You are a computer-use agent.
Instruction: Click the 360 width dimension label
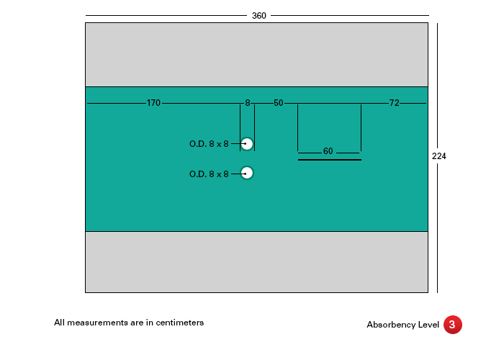pos(258,16)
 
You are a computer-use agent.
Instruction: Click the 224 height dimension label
pos(438,156)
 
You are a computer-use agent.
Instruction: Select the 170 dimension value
pos(153,103)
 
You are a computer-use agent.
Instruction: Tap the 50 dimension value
pos(279,103)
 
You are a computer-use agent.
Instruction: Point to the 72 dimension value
pos(394,103)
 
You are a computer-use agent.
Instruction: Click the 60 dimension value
pos(328,151)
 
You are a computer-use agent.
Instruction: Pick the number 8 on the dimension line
pos(248,103)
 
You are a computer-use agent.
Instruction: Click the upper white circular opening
pos(247,144)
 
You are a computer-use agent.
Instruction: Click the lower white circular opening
pos(247,174)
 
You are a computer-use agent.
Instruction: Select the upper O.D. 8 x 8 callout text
pos(209,144)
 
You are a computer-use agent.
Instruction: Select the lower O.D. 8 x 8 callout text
pos(209,174)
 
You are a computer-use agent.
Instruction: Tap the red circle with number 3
pos(453,325)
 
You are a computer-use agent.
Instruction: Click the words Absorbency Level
pos(402,325)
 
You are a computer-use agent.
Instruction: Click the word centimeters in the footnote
pos(180,323)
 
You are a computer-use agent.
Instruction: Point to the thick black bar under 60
pos(330,160)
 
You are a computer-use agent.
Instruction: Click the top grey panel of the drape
pos(256,55)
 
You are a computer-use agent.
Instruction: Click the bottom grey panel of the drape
pos(256,262)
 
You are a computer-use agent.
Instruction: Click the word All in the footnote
pos(60,323)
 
